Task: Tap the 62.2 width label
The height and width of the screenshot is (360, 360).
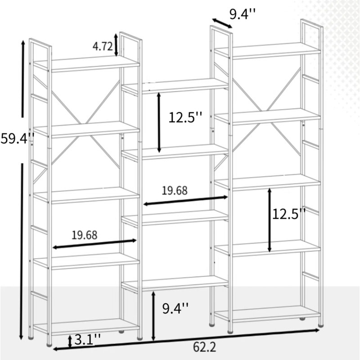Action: click(x=204, y=347)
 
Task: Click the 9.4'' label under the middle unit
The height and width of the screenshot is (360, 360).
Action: click(x=175, y=308)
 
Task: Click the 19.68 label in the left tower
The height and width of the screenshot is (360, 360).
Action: click(x=85, y=234)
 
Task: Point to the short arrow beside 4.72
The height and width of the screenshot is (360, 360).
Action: click(x=117, y=44)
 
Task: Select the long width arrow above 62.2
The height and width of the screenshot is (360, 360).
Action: click(x=186, y=339)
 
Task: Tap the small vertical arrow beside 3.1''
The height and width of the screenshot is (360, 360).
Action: click(x=70, y=341)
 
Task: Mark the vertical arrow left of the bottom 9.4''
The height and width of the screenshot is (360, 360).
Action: click(x=154, y=315)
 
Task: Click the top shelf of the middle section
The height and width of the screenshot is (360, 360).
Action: click(x=175, y=85)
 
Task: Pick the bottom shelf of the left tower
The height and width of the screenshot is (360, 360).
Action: click(x=85, y=325)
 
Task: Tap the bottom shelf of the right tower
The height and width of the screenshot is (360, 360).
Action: click(x=267, y=313)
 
